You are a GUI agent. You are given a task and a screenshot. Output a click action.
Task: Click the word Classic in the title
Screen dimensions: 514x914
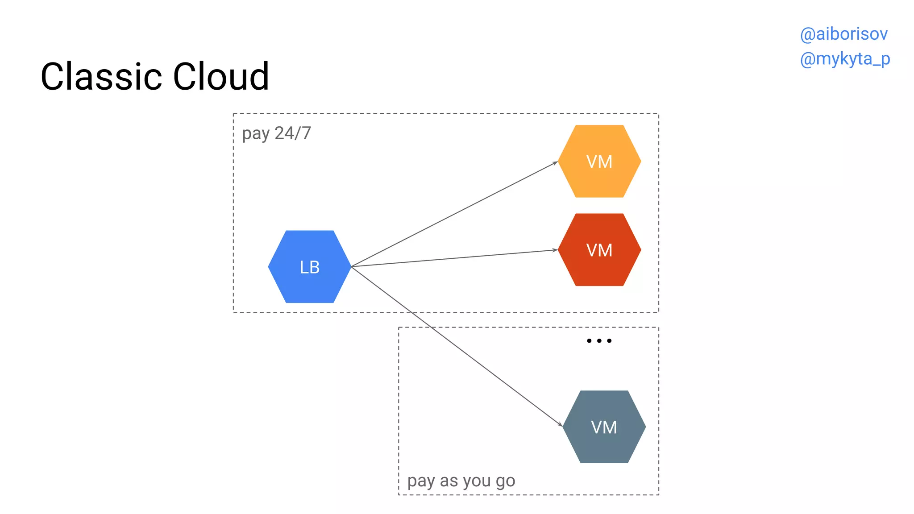(102, 77)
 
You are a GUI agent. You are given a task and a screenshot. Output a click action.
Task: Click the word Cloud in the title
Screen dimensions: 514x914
(221, 77)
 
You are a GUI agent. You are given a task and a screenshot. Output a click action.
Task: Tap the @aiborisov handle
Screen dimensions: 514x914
(843, 34)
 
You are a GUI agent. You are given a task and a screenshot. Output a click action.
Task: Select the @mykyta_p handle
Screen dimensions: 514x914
(845, 59)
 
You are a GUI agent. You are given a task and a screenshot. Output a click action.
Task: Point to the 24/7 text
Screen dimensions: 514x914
(293, 133)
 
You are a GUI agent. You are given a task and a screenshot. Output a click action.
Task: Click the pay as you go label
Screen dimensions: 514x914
(461, 481)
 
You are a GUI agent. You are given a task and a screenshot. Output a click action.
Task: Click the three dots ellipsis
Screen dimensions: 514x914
(599, 341)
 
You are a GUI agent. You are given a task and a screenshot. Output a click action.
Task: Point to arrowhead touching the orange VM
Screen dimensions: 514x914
(556, 163)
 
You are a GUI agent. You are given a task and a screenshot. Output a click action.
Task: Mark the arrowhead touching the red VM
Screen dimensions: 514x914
(556, 250)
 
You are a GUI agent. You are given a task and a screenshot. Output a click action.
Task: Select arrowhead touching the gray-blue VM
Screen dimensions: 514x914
(561, 425)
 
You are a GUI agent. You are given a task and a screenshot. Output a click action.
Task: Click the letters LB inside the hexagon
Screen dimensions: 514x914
(310, 267)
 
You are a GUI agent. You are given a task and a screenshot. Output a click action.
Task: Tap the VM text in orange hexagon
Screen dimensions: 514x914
(599, 162)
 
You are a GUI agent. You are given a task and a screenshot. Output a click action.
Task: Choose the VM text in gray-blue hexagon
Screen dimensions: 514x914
(604, 427)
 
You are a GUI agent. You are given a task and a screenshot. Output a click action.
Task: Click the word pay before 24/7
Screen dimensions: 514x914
(256, 133)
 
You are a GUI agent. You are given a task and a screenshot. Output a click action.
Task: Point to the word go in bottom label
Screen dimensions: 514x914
(505, 481)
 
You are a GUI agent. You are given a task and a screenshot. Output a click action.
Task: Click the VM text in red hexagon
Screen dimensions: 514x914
(599, 250)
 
